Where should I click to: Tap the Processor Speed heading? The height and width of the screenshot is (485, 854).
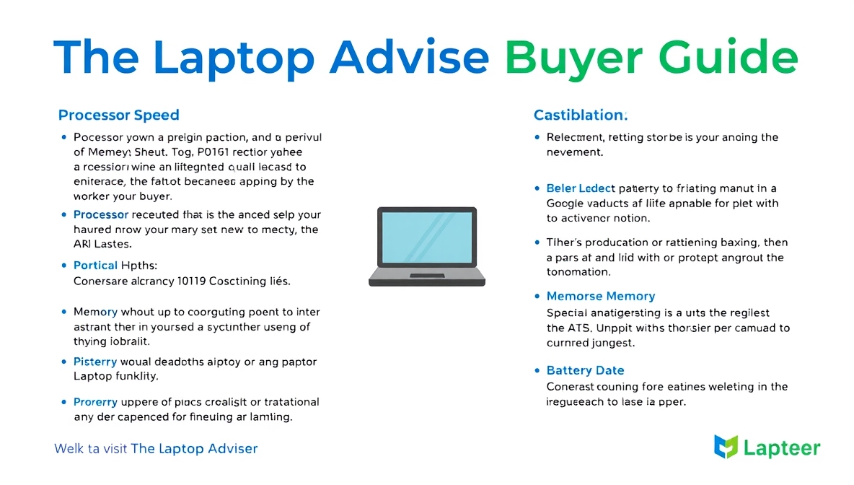(118, 115)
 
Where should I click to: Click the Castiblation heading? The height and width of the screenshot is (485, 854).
(580, 115)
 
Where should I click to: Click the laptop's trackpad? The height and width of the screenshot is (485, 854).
(426, 276)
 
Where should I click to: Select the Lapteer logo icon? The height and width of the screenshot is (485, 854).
(726, 447)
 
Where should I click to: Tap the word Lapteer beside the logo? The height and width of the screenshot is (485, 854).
(781, 448)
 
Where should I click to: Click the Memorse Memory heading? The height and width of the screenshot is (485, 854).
(600, 296)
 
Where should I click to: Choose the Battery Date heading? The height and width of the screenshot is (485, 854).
(585, 370)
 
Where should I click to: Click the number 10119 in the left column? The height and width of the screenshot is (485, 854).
(190, 281)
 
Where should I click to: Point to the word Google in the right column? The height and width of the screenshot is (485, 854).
(565, 204)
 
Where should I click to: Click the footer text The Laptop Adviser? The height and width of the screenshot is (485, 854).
(194, 448)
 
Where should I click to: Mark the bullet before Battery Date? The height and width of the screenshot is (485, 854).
(537, 370)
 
